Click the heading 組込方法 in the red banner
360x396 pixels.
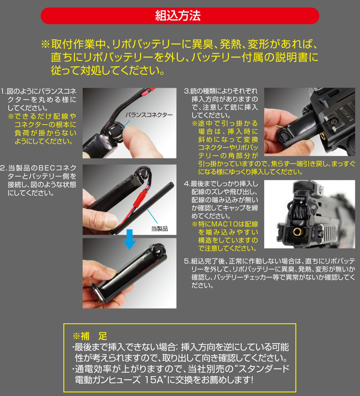pos(180,16)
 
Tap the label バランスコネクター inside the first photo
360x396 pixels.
pos(149,115)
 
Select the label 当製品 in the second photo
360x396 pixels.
pos(159,228)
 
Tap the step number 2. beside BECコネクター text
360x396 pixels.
pos(4,168)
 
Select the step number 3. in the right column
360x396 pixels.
pos(187,91)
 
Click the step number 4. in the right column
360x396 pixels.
pos(187,184)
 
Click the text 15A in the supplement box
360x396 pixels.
pos(151,380)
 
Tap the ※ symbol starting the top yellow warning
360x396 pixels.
pos(45,45)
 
